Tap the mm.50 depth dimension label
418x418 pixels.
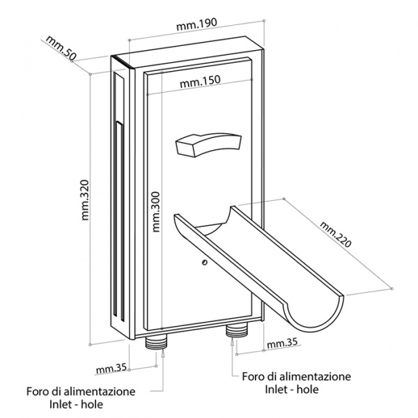pos(61,51)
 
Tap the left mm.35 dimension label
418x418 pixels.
pos(111,369)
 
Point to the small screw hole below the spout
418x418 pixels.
pos(203,263)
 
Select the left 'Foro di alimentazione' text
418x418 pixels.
pos(81,391)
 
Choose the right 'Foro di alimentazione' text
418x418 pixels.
pos(296,377)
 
